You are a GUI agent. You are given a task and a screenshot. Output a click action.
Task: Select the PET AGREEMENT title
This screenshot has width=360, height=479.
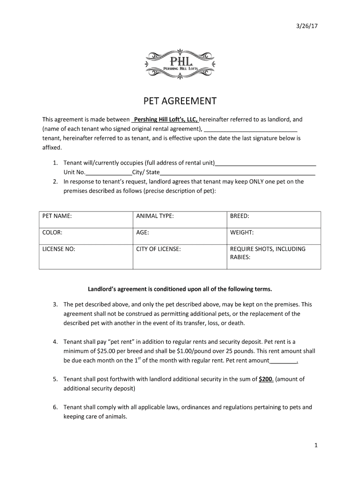pos(180,101)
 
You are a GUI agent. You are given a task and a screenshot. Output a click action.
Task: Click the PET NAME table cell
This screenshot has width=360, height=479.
pos(86,219)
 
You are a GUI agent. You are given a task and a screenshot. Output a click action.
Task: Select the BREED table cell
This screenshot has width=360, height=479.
pos(274,219)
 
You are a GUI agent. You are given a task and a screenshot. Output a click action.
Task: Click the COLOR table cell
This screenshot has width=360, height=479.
pos(86,236)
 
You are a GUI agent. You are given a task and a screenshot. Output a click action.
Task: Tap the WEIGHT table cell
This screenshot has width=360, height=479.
pos(274,236)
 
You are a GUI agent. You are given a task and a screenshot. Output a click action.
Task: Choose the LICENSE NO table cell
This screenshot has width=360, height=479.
pos(86,256)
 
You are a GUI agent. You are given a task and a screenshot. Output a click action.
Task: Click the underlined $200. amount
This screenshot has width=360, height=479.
pos(266,379)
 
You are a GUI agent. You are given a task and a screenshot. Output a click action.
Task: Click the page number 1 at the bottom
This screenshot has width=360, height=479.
pos(316,446)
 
